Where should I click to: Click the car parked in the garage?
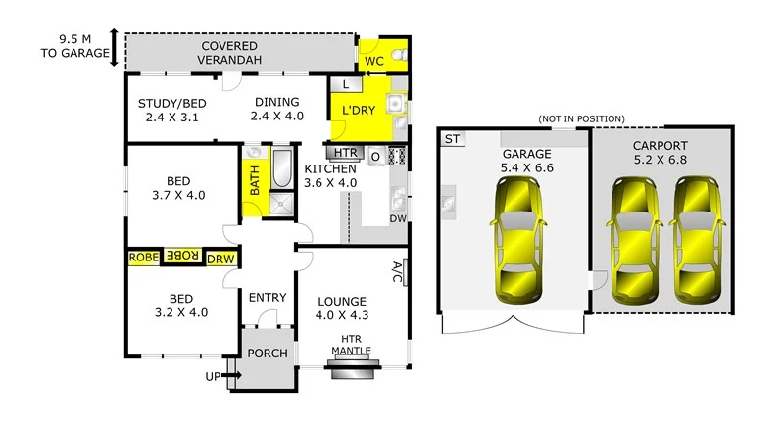click(519, 242)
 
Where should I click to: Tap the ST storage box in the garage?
click(451, 139)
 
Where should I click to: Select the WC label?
click(374, 61)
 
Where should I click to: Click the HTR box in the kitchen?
click(345, 154)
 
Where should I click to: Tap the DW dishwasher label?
click(398, 218)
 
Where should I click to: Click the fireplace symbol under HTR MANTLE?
click(350, 367)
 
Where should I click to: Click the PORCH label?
click(266, 354)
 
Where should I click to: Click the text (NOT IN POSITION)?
click(581, 118)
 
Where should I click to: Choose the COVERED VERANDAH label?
click(229, 53)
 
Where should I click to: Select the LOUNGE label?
click(340, 301)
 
